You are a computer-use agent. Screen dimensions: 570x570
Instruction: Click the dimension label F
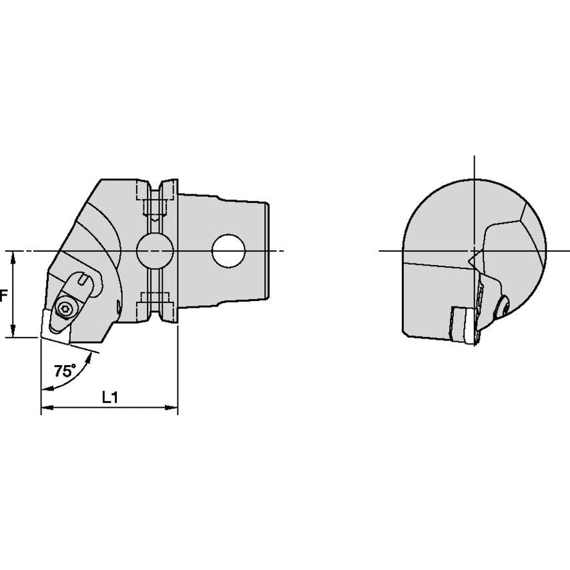tap(3, 296)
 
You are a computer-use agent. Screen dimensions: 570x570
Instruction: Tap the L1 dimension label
tap(109, 397)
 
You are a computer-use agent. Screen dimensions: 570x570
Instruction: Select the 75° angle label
tap(65, 371)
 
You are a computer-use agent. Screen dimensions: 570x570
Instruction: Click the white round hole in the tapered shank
tap(229, 251)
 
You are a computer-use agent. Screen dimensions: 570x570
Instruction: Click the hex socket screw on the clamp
tap(65, 309)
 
